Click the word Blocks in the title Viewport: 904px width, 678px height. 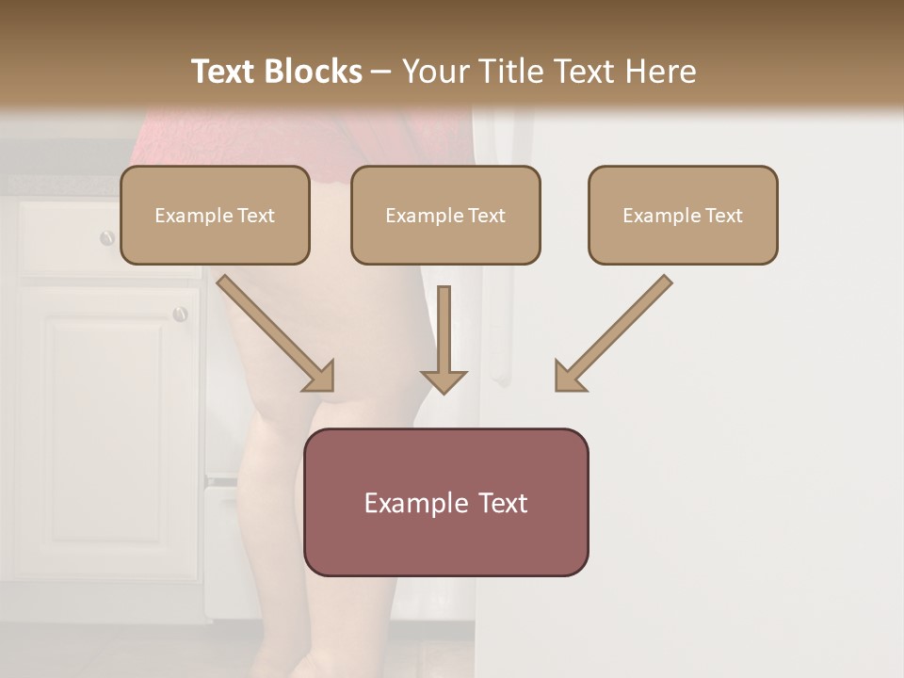pos(315,72)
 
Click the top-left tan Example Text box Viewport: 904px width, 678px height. pos(215,216)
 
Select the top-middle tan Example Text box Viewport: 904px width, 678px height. pos(445,216)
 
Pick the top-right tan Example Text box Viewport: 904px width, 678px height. pos(683,216)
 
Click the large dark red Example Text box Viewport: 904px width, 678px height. pos(446,502)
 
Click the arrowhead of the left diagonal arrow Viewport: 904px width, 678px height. pos(321,378)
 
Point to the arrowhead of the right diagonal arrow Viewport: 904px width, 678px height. pos(567,378)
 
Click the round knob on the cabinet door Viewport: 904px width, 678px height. pos(180,315)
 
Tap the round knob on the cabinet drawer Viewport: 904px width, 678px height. pos(107,238)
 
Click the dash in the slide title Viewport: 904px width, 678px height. pos(381,72)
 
